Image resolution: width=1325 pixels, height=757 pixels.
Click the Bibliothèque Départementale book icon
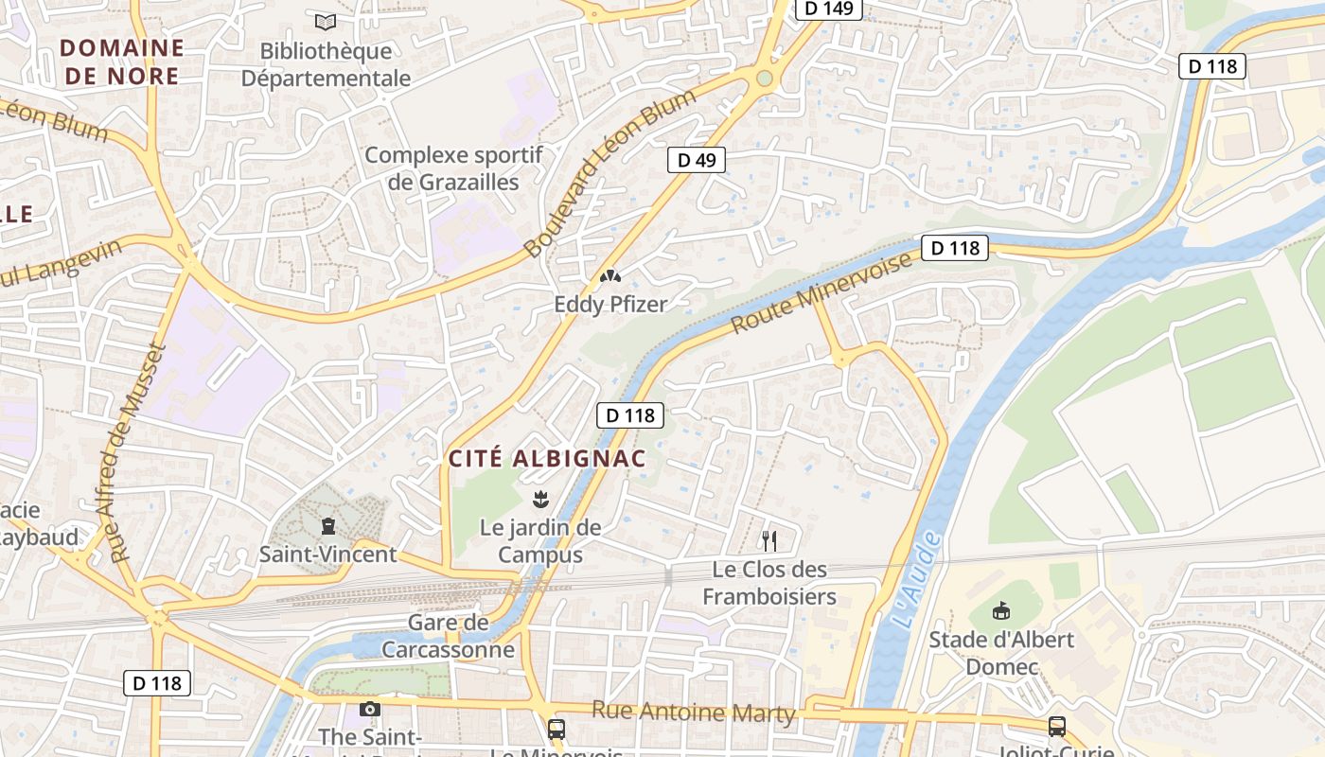point(326,20)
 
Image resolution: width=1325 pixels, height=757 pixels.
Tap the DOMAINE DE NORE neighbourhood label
point(122,62)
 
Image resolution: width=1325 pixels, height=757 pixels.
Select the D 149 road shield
point(828,9)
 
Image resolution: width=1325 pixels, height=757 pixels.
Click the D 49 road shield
point(698,160)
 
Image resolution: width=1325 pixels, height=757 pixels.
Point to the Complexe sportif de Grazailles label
point(453,167)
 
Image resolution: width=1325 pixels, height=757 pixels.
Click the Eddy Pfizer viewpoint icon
point(610,277)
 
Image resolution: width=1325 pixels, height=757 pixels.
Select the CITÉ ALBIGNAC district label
point(547,459)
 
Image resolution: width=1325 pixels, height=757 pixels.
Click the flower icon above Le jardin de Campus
point(540,498)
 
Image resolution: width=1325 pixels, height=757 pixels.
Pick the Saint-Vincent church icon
point(328,525)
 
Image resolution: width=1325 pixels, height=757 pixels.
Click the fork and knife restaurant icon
point(769,541)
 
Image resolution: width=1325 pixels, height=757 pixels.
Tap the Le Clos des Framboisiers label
point(769,583)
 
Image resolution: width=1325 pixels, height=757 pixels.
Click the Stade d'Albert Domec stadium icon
point(1001,611)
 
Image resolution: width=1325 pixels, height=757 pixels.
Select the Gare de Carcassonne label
point(449,636)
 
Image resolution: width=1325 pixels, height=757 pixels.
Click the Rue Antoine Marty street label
point(693,712)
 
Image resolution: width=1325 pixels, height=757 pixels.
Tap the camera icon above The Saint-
point(370,709)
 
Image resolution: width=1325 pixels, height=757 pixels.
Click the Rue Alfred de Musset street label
point(139,452)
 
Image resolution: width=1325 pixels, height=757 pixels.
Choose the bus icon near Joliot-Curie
point(1057,727)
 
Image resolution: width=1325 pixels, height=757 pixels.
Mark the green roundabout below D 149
point(764,79)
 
